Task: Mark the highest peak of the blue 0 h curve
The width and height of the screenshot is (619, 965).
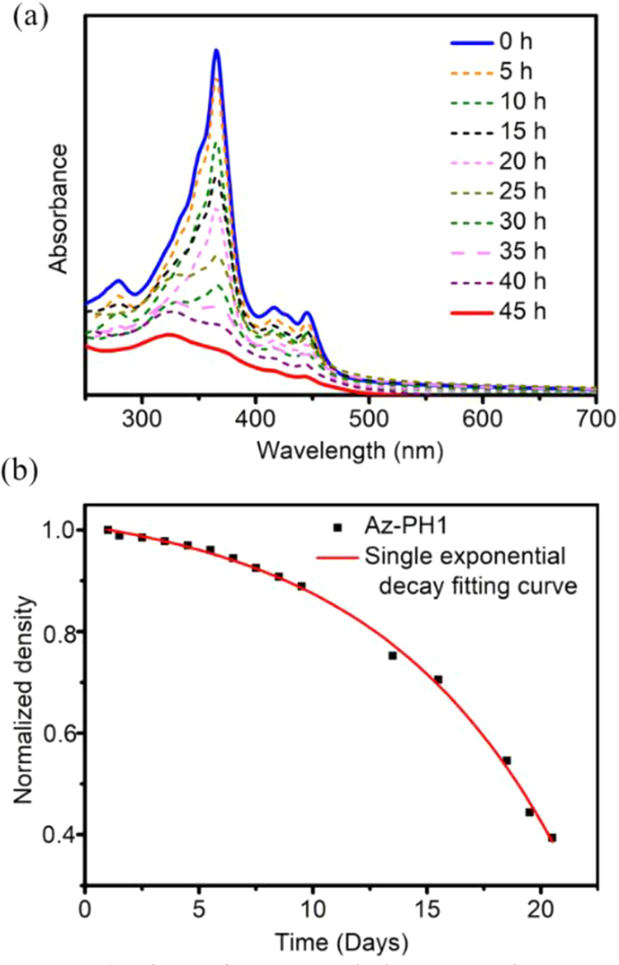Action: point(216,50)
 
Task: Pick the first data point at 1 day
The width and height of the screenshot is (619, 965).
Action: point(108,530)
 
